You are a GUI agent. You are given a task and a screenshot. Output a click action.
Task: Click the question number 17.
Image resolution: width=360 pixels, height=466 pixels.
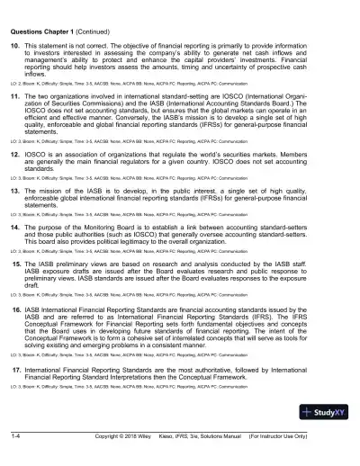click(x=16, y=369)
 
